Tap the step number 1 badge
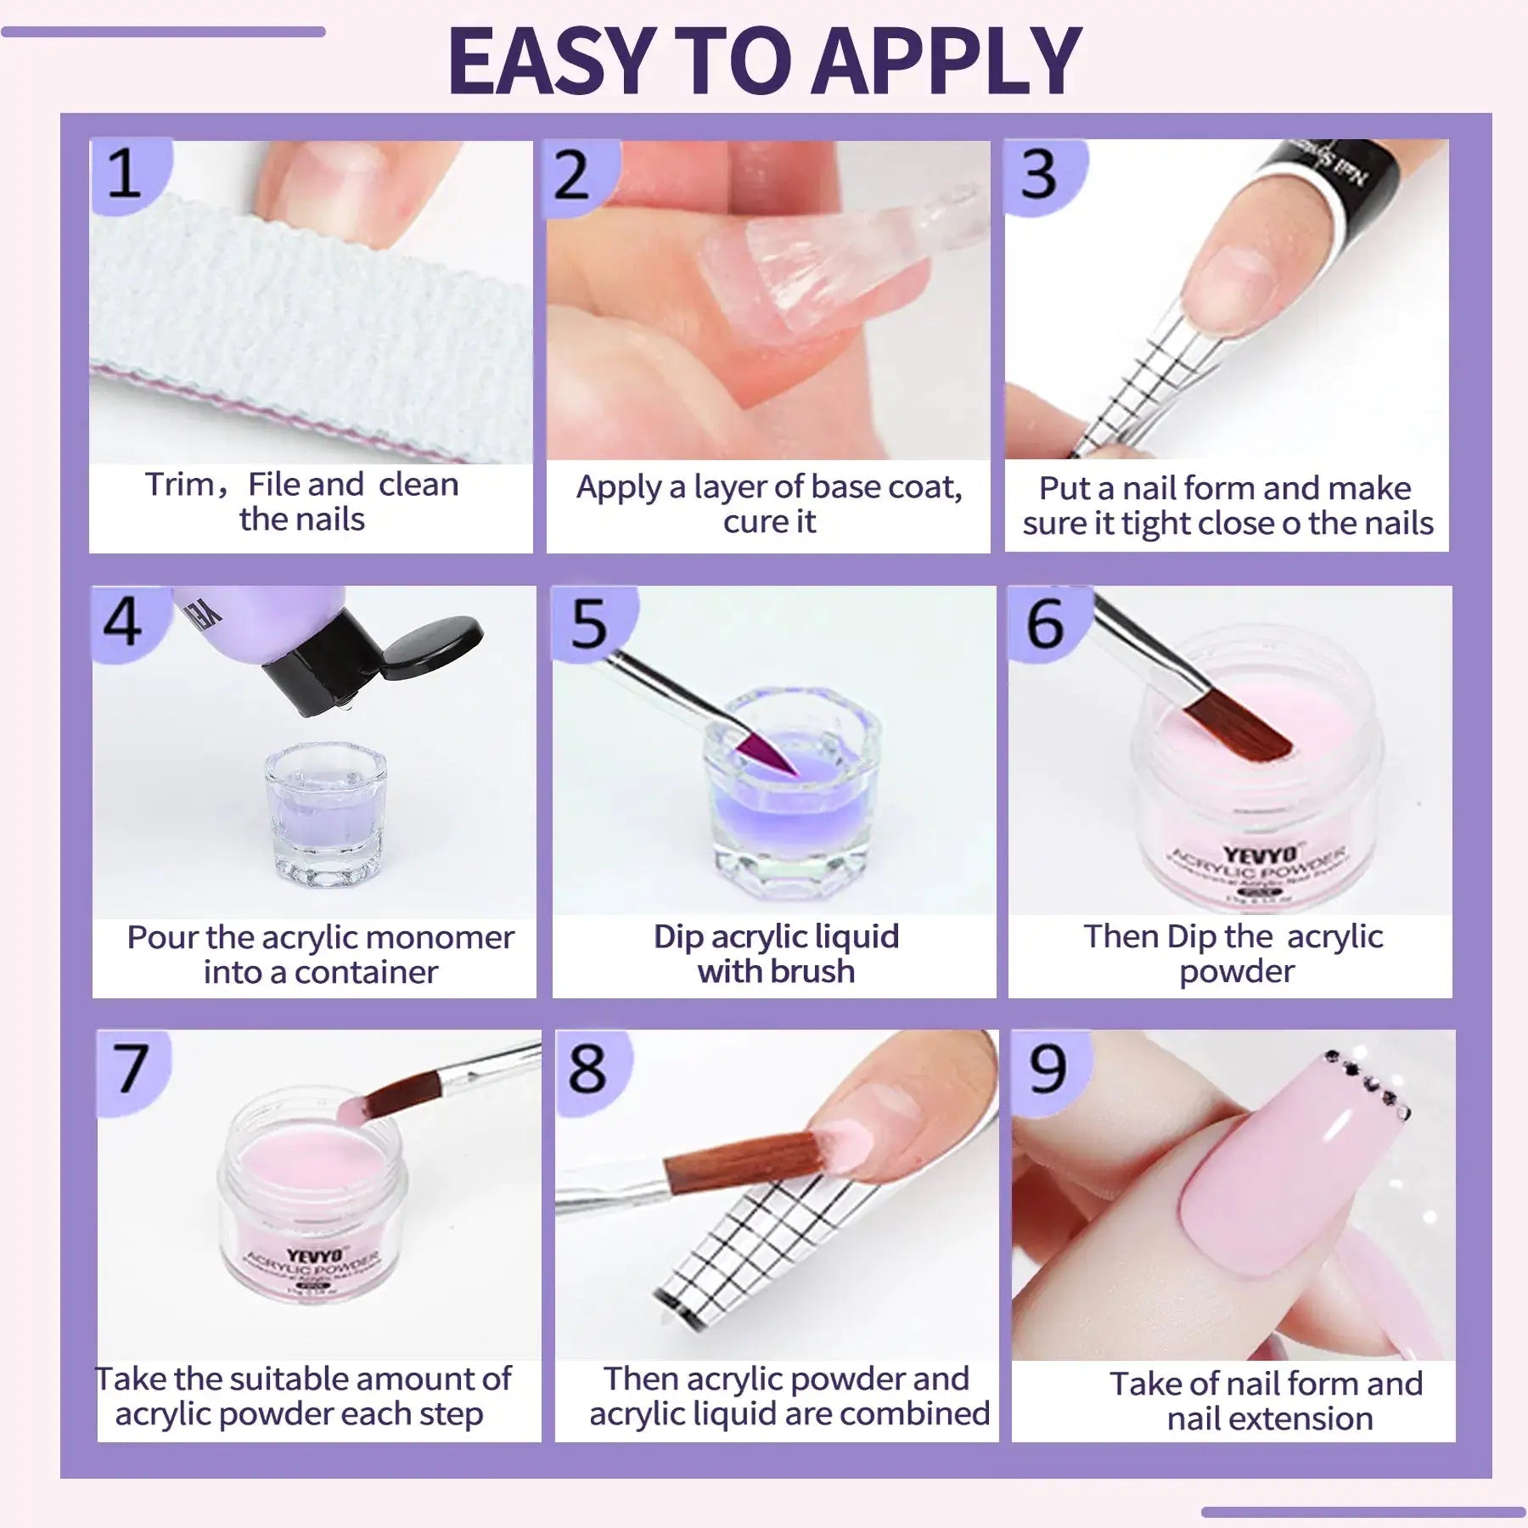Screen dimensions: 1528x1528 click(x=125, y=174)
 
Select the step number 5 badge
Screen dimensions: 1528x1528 click(x=588, y=622)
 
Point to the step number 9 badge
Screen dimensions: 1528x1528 click(x=1047, y=1068)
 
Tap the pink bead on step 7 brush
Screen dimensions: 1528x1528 click(x=352, y=1107)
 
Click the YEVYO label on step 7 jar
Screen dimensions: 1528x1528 click(x=314, y=1255)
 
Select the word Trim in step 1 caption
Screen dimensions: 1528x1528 click(x=179, y=485)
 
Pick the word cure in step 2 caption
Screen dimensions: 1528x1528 click(x=744, y=521)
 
